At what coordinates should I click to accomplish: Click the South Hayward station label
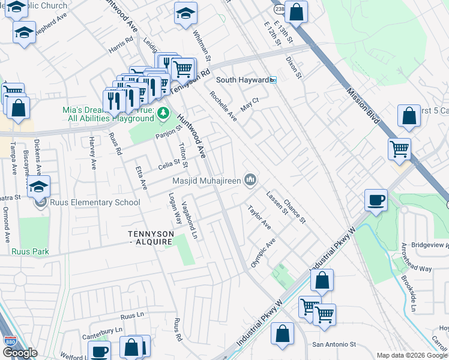[x=242, y=80]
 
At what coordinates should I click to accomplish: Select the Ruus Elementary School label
[x=95, y=202]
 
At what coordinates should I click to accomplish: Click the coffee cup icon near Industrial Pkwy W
[x=376, y=200]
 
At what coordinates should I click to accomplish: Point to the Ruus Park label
[x=29, y=251]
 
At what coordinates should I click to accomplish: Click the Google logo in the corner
[x=19, y=353]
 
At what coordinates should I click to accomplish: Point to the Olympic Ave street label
[x=262, y=253]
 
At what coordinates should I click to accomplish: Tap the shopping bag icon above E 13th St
[x=296, y=12]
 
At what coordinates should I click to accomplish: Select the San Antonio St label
[x=334, y=344]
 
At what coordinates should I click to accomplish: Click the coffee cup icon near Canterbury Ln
[x=99, y=351]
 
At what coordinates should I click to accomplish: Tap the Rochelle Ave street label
[x=223, y=106]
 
